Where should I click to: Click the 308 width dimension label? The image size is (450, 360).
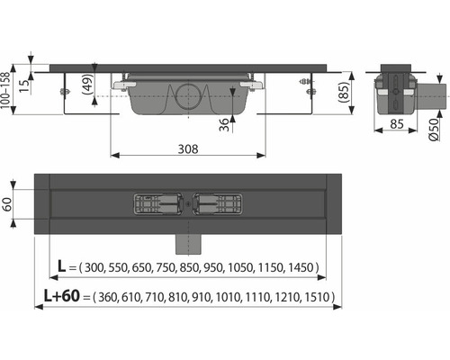[188, 148]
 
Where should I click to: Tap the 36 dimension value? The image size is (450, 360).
[224, 124]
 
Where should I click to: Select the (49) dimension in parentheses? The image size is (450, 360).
[88, 85]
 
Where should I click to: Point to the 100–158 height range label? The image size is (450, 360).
[5, 90]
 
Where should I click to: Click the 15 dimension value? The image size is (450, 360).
[25, 85]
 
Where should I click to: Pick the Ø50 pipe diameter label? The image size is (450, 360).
[434, 130]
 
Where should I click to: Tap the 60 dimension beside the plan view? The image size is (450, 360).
[7, 204]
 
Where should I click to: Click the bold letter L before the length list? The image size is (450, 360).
[61, 266]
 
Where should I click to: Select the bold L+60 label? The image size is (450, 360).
[62, 296]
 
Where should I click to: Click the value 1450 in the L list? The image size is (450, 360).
[301, 267]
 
